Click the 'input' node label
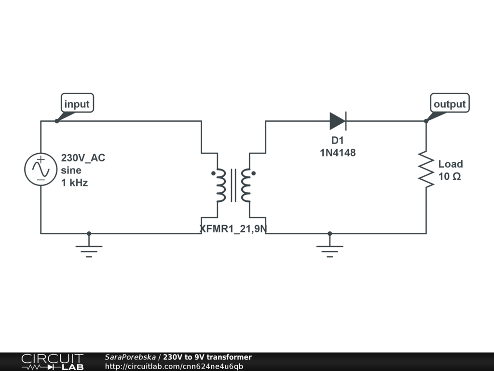(77, 104)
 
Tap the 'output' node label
(450, 104)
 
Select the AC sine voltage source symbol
(41, 169)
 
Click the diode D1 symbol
(338, 121)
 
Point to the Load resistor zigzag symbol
(426, 169)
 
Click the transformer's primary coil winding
(220, 185)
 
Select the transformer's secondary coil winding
(246, 185)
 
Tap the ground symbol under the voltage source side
(89, 249)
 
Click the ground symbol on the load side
(329, 249)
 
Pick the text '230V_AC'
(83, 158)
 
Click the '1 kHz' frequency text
(74, 183)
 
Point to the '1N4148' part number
(338, 153)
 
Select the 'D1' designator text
(337, 141)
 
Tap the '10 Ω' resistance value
(450, 177)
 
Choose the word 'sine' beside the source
(71, 171)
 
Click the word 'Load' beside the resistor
(451, 164)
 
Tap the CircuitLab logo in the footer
(52, 362)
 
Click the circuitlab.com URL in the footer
(174, 366)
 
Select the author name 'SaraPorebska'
(130, 357)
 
